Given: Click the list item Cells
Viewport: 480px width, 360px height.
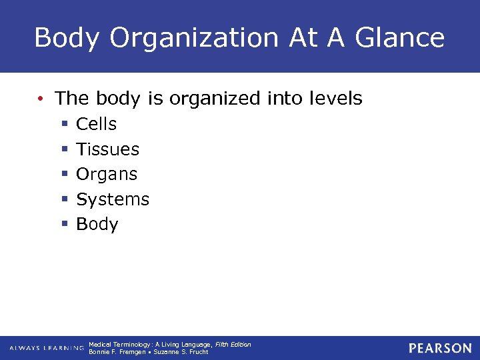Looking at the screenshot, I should (96, 124).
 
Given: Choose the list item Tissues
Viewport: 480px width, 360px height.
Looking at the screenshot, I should (107, 149).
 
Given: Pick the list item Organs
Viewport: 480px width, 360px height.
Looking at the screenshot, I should (107, 175).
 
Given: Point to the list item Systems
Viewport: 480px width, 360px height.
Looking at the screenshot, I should (113, 199).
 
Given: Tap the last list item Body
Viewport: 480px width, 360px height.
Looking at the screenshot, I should (97, 225).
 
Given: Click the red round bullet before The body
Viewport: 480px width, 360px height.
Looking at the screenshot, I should (41, 99).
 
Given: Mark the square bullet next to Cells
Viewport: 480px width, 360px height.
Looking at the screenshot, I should (65, 125).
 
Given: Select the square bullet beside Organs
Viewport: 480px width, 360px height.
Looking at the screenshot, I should (65, 175).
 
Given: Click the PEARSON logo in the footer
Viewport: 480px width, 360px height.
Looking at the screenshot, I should (440, 348).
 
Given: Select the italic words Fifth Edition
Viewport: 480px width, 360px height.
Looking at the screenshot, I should (233, 344).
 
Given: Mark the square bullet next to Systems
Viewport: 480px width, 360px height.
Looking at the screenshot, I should (65, 200).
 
